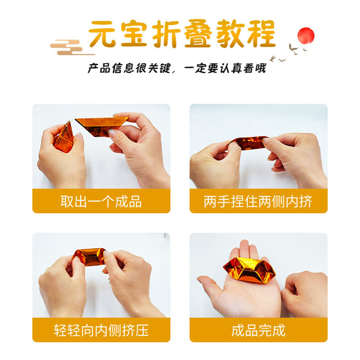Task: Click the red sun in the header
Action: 306,35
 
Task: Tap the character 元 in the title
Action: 104,34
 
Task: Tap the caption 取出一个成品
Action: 101,201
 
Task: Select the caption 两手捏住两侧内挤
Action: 258,201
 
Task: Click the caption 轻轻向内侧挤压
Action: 101,330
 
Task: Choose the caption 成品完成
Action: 258,330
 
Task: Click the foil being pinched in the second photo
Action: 248,144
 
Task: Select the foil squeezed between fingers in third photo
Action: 89,256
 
